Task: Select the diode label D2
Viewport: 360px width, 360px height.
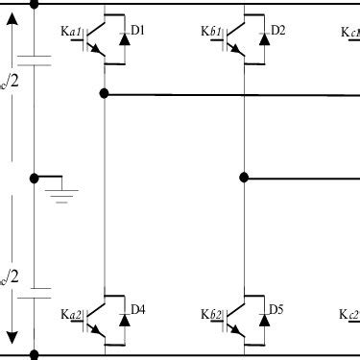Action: coord(277,31)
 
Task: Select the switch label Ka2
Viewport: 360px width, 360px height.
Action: coord(72,314)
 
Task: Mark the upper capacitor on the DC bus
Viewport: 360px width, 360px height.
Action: coord(35,62)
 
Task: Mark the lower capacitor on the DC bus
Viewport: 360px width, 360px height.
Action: coord(35,291)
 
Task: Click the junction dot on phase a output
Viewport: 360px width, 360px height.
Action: coord(104,94)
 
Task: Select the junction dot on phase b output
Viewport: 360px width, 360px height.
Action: coord(244,177)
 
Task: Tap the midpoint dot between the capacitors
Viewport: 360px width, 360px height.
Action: coord(35,177)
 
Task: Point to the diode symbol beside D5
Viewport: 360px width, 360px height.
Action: coord(262,322)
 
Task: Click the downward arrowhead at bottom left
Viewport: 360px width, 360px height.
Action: coord(12,339)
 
